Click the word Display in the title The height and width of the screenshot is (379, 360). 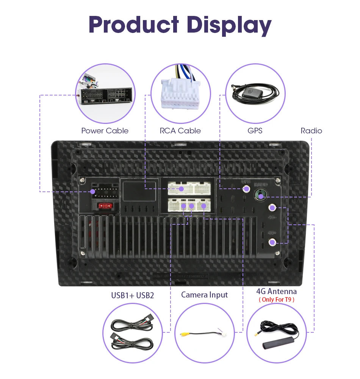(x=230, y=25)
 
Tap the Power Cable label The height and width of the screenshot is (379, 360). (x=105, y=131)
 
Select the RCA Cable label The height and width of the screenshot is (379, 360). (x=180, y=131)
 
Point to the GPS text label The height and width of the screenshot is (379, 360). (x=255, y=131)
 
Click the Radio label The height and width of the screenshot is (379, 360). (x=311, y=131)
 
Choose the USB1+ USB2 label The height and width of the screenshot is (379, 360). (x=133, y=295)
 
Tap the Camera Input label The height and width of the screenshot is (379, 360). (x=205, y=294)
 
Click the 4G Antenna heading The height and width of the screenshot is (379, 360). (x=276, y=291)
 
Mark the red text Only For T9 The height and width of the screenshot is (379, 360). (x=276, y=299)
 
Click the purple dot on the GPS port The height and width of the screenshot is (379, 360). (x=247, y=188)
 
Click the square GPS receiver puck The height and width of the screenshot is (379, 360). (x=250, y=92)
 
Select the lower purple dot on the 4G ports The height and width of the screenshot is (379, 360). (x=272, y=243)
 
